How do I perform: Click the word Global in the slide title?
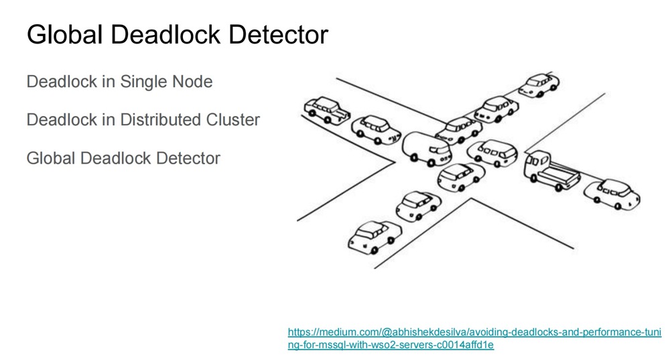click(63, 35)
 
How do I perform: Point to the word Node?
click(192, 82)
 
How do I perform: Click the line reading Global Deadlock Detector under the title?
click(123, 158)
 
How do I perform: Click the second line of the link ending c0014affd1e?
click(391, 345)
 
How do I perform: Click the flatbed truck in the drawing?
click(551, 170)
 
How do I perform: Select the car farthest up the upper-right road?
click(539, 85)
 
